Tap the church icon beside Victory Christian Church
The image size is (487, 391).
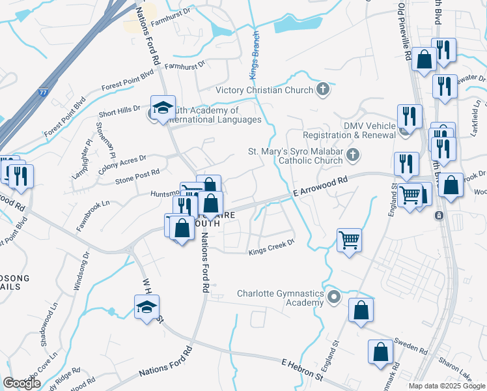(322, 89)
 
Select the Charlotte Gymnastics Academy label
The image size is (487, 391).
(280, 298)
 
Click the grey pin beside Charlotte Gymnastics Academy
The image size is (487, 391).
(334, 298)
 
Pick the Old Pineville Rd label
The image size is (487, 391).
(404, 31)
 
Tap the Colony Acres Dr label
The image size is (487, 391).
(122, 160)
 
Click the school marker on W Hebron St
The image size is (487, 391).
(147, 307)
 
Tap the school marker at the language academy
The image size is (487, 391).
(163, 108)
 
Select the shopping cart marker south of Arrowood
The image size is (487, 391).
(350, 240)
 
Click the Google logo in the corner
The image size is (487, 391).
(21, 383)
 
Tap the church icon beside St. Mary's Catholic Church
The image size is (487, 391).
(352, 155)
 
